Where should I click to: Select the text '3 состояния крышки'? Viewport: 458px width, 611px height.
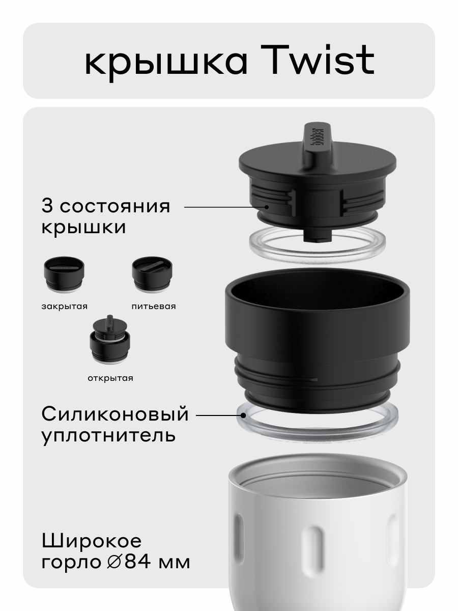pos(106,217)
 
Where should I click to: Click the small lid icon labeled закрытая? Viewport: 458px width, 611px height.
pos(64,275)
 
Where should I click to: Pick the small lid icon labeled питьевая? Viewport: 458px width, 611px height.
pos(152,275)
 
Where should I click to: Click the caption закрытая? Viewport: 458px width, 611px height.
pos(64,307)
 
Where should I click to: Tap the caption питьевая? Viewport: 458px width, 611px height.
pos(153,307)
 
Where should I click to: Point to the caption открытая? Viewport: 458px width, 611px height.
pos(109,378)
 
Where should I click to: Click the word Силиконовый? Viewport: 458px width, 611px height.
pos(115,414)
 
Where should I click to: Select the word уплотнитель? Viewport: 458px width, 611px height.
pos(108,436)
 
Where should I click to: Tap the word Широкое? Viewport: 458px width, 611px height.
pos(92,541)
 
